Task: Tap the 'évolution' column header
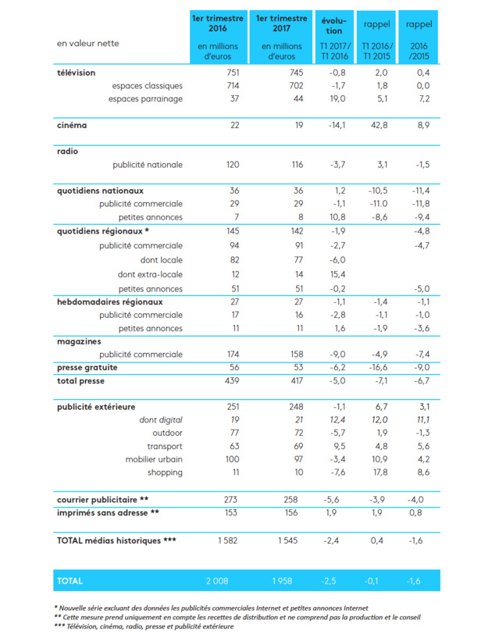[333, 26]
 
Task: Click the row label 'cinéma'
[72, 125]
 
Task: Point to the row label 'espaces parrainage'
[147, 98]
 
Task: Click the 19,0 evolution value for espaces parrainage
[337, 98]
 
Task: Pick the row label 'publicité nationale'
[148, 165]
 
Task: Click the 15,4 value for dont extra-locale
[337, 274]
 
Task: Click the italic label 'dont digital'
[161, 420]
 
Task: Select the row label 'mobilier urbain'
[154, 458]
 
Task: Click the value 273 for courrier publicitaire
[229, 498]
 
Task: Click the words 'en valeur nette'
[88, 43]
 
